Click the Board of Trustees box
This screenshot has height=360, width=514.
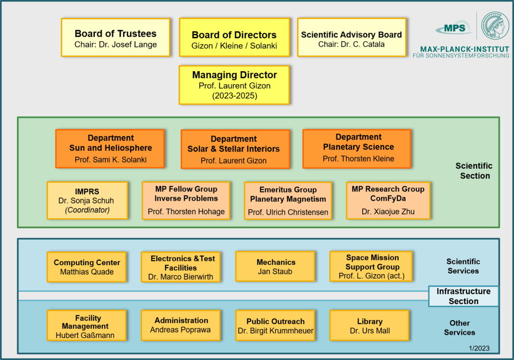click(x=116, y=37)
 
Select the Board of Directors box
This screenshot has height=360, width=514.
click(x=235, y=37)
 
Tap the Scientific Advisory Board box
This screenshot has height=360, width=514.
click(x=352, y=37)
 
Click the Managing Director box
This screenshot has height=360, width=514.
click(x=235, y=85)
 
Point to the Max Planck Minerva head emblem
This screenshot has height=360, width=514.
click(x=495, y=26)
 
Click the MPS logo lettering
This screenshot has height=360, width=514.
click(x=454, y=28)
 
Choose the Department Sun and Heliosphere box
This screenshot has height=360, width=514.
click(x=110, y=149)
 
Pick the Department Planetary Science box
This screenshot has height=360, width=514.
click(x=357, y=149)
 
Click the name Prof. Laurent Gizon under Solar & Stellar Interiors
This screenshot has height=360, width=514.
click(x=234, y=161)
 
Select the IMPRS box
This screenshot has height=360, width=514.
click(x=87, y=201)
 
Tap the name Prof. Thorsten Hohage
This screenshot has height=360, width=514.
click(x=186, y=212)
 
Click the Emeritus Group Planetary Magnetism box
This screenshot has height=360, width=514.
click(x=288, y=201)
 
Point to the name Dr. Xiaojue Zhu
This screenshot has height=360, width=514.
click(x=388, y=212)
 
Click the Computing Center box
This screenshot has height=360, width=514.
click(x=87, y=267)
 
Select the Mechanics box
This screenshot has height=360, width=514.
click(x=275, y=266)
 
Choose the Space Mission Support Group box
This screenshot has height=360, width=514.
click(x=371, y=266)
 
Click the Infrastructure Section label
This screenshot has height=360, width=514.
click(x=464, y=296)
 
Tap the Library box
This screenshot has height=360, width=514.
click(x=369, y=326)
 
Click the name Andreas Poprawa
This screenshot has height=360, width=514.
click(x=180, y=330)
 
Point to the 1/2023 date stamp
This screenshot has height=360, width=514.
click(x=479, y=348)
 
